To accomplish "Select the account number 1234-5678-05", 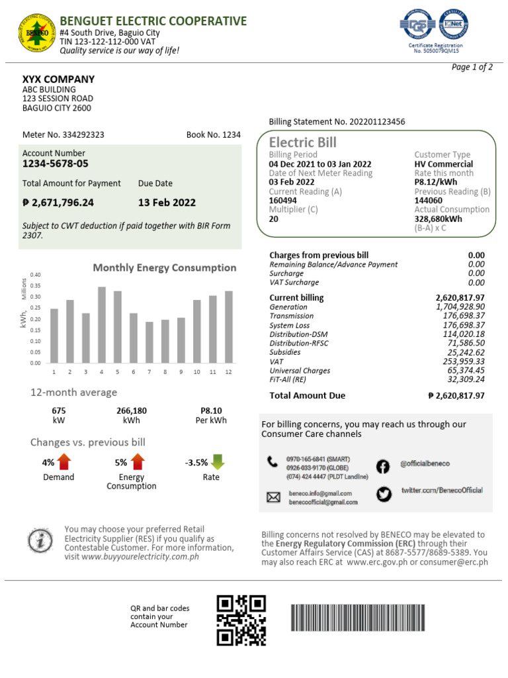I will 56,164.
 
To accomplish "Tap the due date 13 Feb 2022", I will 167,203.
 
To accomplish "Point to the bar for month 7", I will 149,342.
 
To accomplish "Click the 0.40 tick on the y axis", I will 36,275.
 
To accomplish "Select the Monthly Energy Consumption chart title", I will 164,267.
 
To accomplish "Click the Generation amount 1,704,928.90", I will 460,307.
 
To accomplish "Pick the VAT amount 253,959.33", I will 460,362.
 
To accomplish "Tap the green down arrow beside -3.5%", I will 218,462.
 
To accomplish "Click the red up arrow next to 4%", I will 64,462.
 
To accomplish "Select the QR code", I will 241,620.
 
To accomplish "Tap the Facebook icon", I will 383,467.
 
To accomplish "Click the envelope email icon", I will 273,497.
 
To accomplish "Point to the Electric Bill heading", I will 303,142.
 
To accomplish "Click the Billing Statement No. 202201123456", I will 337,122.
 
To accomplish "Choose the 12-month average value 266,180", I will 132,411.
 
